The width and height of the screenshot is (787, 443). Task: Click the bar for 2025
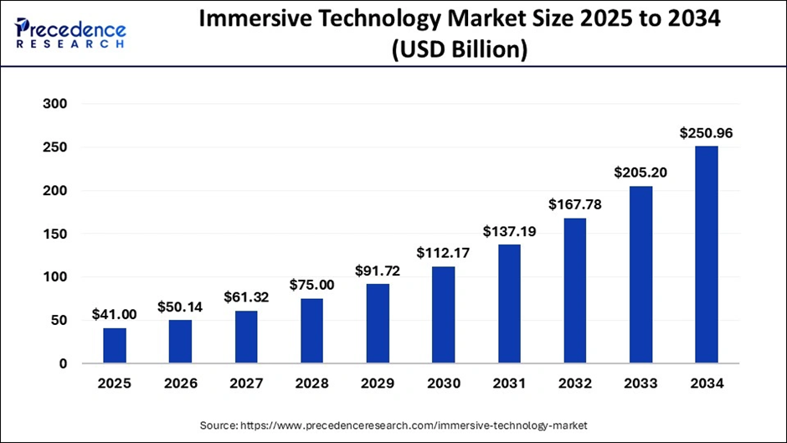[115, 346]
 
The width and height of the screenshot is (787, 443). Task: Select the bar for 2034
[706, 255]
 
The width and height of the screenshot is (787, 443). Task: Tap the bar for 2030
[443, 315]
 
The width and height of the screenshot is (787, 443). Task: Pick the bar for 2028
[311, 331]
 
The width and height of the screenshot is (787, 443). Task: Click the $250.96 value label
[706, 132]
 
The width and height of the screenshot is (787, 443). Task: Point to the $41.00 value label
[115, 315]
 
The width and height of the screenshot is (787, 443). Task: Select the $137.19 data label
[509, 230]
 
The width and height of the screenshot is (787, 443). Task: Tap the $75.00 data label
[311, 285]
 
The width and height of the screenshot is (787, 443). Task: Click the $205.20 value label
[640, 172]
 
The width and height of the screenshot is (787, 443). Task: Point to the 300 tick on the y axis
[54, 104]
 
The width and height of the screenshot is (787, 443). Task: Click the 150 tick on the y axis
[54, 234]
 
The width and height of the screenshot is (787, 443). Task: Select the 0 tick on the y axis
[63, 363]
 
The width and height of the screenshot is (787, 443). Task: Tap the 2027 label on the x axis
[246, 384]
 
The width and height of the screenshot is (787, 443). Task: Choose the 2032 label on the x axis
[574, 384]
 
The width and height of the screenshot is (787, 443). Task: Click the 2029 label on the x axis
[378, 384]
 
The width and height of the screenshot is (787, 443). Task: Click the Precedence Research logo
[71, 33]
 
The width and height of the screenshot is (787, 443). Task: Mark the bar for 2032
[574, 291]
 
